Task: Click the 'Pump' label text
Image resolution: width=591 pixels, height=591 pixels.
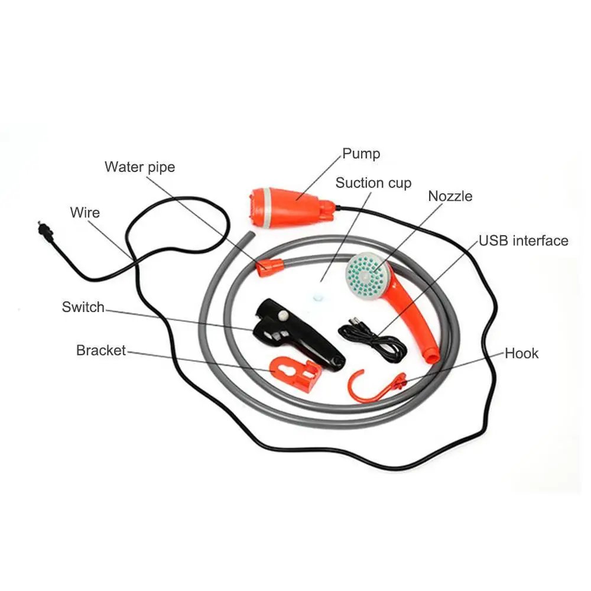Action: pos(361,154)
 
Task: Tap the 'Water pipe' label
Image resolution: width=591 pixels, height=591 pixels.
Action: pos(140,167)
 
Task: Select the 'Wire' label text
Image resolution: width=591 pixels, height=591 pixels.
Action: pos(85,213)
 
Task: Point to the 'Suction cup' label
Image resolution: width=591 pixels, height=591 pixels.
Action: pos(373,183)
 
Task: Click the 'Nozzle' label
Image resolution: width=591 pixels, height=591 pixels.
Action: pos(450,196)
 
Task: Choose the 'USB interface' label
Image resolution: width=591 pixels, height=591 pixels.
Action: pos(524,241)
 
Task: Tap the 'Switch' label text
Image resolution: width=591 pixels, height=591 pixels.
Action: pos(83,307)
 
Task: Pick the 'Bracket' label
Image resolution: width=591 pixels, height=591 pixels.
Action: pos(100,350)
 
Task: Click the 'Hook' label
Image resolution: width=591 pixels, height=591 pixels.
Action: pos(522,353)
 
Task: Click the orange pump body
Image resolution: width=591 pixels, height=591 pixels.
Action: pos(291,207)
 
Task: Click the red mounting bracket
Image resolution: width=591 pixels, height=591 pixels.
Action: pos(296,375)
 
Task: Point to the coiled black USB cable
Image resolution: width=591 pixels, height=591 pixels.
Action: pos(373,339)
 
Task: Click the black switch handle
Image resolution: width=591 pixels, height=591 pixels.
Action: pos(298,333)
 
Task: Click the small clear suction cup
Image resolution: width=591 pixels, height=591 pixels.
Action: pos(318,297)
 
